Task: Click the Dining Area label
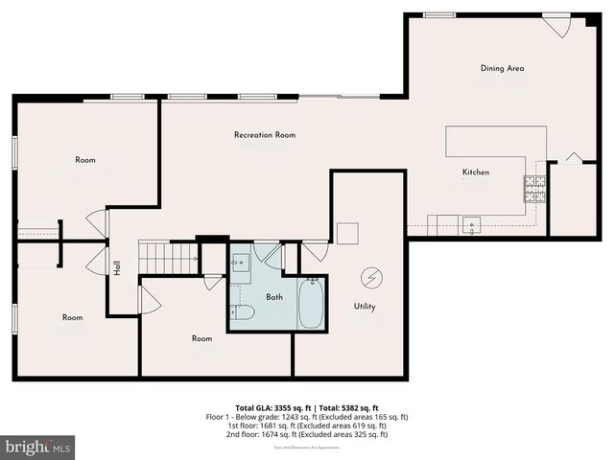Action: pos(502,68)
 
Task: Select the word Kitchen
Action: pos(476,172)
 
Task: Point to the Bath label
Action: pos(274,297)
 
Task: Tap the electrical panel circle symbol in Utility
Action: pos(369,277)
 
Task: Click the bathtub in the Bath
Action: pos(311,304)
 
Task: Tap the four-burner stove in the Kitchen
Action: pos(533,188)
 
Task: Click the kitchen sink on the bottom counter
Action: pos(472,226)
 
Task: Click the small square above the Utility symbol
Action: pos(347,234)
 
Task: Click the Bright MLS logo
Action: pos(38,447)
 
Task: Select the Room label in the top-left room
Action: pos(85,160)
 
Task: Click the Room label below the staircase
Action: pos(201,338)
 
